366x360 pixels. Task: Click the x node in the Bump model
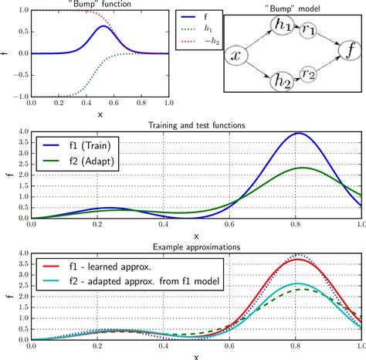click(x=236, y=56)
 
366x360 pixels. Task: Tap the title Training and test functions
click(x=196, y=125)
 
